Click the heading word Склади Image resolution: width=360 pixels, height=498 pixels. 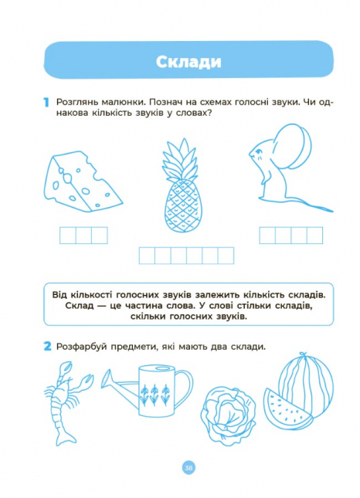(188, 63)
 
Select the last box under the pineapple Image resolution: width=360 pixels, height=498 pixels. (225, 256)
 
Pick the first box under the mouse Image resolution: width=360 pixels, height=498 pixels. (267, 235)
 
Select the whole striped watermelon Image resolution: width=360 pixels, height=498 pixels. (307, 382)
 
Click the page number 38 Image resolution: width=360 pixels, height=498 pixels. (188, 467)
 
